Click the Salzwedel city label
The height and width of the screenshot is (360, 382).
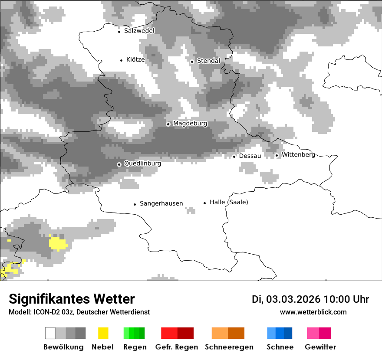[x=139, y=31]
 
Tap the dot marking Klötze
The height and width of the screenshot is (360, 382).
[x=121, y=60]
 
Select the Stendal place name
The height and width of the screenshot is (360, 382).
[x=208, y=61]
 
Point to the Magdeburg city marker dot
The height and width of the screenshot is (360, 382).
[x=168, y=124]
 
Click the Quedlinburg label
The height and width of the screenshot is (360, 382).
[x=142, y=164]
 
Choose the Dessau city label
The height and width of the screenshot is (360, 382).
[x=250, y=156]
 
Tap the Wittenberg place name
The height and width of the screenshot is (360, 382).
[x=298, y=154]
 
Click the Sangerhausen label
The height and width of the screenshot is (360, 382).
[x=161, y=203]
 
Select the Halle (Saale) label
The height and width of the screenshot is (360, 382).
[x=229, y=202]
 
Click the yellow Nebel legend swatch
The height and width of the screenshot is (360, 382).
[x=103, y=333]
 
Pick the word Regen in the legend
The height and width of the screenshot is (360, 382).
[x=135, y=347]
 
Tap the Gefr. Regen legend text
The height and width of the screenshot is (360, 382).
[x=177, y=347]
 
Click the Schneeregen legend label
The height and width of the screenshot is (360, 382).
[x=229, y=347]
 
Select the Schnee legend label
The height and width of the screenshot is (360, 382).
[x=280, y=347]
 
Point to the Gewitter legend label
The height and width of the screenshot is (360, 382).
[x=320, y=347]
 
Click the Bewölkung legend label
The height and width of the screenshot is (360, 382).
[x=63, y=347]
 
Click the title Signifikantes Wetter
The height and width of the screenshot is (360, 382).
[x=72, y=299]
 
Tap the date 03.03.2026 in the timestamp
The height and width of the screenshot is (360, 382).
[x=293, y=299]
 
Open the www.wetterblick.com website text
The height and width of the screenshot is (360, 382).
[x=313, y=312]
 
